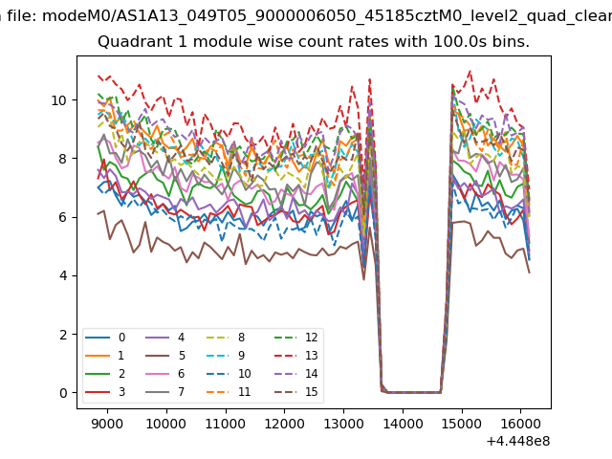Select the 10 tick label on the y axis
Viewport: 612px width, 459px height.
59,100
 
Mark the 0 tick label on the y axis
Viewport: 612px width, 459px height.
63,393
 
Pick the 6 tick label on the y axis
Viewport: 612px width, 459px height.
63,217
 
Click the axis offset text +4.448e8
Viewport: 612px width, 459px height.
518,441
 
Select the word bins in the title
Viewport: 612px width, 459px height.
509,43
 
